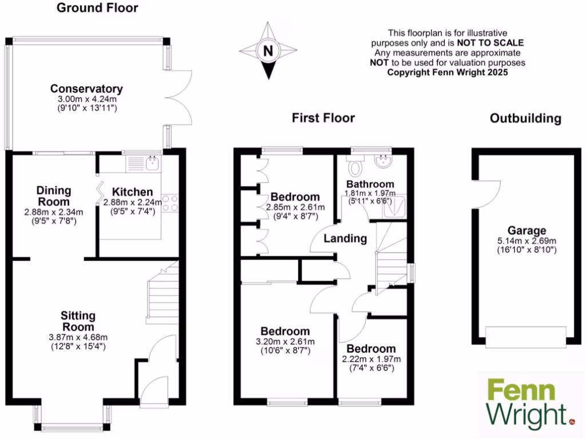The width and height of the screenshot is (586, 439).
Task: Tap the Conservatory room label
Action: tap(86, 89)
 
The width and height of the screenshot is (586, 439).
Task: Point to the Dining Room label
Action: tap(54, 196)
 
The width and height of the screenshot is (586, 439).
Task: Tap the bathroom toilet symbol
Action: tap(357, 167)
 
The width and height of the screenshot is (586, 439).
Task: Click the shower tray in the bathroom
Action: tap(394, 207)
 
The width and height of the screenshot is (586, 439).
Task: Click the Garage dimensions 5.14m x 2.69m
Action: tap(527, 241)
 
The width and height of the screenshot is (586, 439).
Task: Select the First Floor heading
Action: tap(323, 118)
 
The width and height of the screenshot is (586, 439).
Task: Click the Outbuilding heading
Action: tap(525, 119)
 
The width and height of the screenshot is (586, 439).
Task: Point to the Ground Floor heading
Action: tap(97, 8)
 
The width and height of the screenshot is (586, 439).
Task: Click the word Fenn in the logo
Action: tap(521, 392)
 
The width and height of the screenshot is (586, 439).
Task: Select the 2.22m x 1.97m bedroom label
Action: tap(371, 358)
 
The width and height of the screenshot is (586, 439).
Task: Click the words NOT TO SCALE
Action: tap(490, 43)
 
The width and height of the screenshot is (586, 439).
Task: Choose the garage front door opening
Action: tap(526, 336)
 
